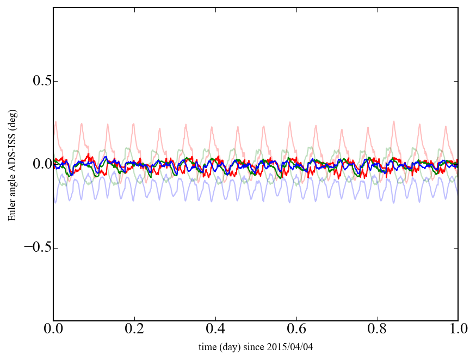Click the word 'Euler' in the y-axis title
11,212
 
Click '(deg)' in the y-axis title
11,128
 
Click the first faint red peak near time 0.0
56,122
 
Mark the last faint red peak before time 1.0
446,127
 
